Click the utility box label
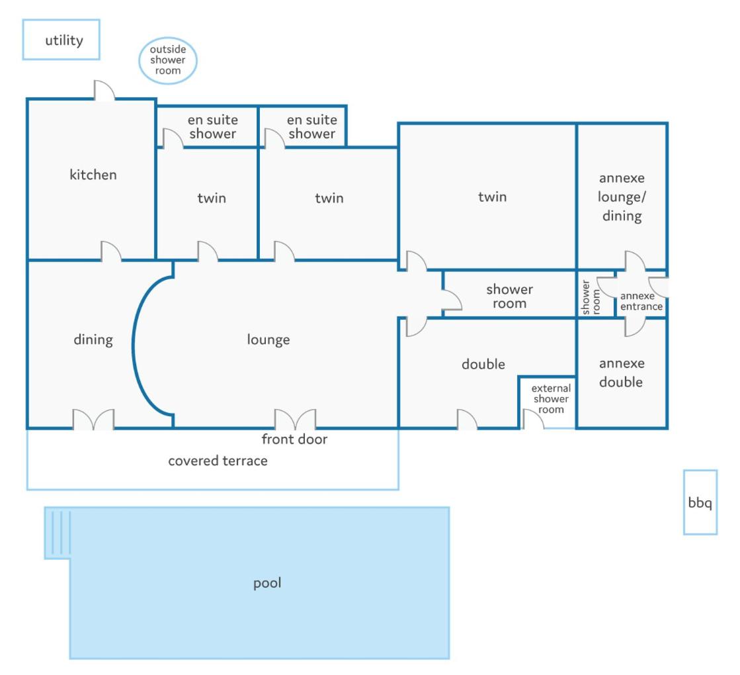[x=64, y=40]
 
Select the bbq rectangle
[x=700, y=502]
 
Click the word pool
[x=267, y=583]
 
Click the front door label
[x=294, y=439]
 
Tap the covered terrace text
[x=218, y=461]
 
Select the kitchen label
[x=93, y=175]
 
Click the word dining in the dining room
[x=93, y=339]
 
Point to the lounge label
[x=268, y=339]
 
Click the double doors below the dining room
[x=93, y=420]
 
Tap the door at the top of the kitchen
[x=104, y=90]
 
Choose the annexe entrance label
[x=641, y=301]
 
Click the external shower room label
[x=551, y=398]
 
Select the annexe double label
[x=621, y=373]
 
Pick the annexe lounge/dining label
[x=622, y=197]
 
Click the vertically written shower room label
[x=591, y=298]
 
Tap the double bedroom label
[x=483, y=364]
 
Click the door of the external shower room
[x=534, y=420]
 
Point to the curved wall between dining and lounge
[x=134, y=345]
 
